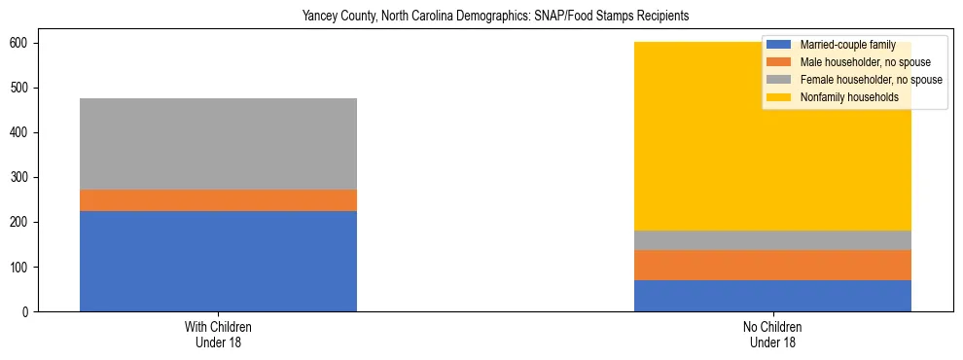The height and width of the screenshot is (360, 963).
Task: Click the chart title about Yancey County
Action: (x=481, y=17)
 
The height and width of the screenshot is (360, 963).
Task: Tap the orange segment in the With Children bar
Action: (x=218, y=200)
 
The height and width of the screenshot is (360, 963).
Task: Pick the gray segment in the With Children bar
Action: (x=218, y=144)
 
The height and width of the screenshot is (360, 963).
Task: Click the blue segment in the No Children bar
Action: (x=772, y=296)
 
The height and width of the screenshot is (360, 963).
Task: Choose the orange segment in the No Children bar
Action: (x=772, y=265)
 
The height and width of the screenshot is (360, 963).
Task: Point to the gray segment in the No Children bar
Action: (x=772, y=240)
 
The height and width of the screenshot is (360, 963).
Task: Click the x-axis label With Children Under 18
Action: (x=218, y=334)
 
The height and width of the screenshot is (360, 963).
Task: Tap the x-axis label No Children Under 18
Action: (x=772, y=334)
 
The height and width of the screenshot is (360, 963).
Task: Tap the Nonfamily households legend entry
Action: (x=842, y=97)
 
